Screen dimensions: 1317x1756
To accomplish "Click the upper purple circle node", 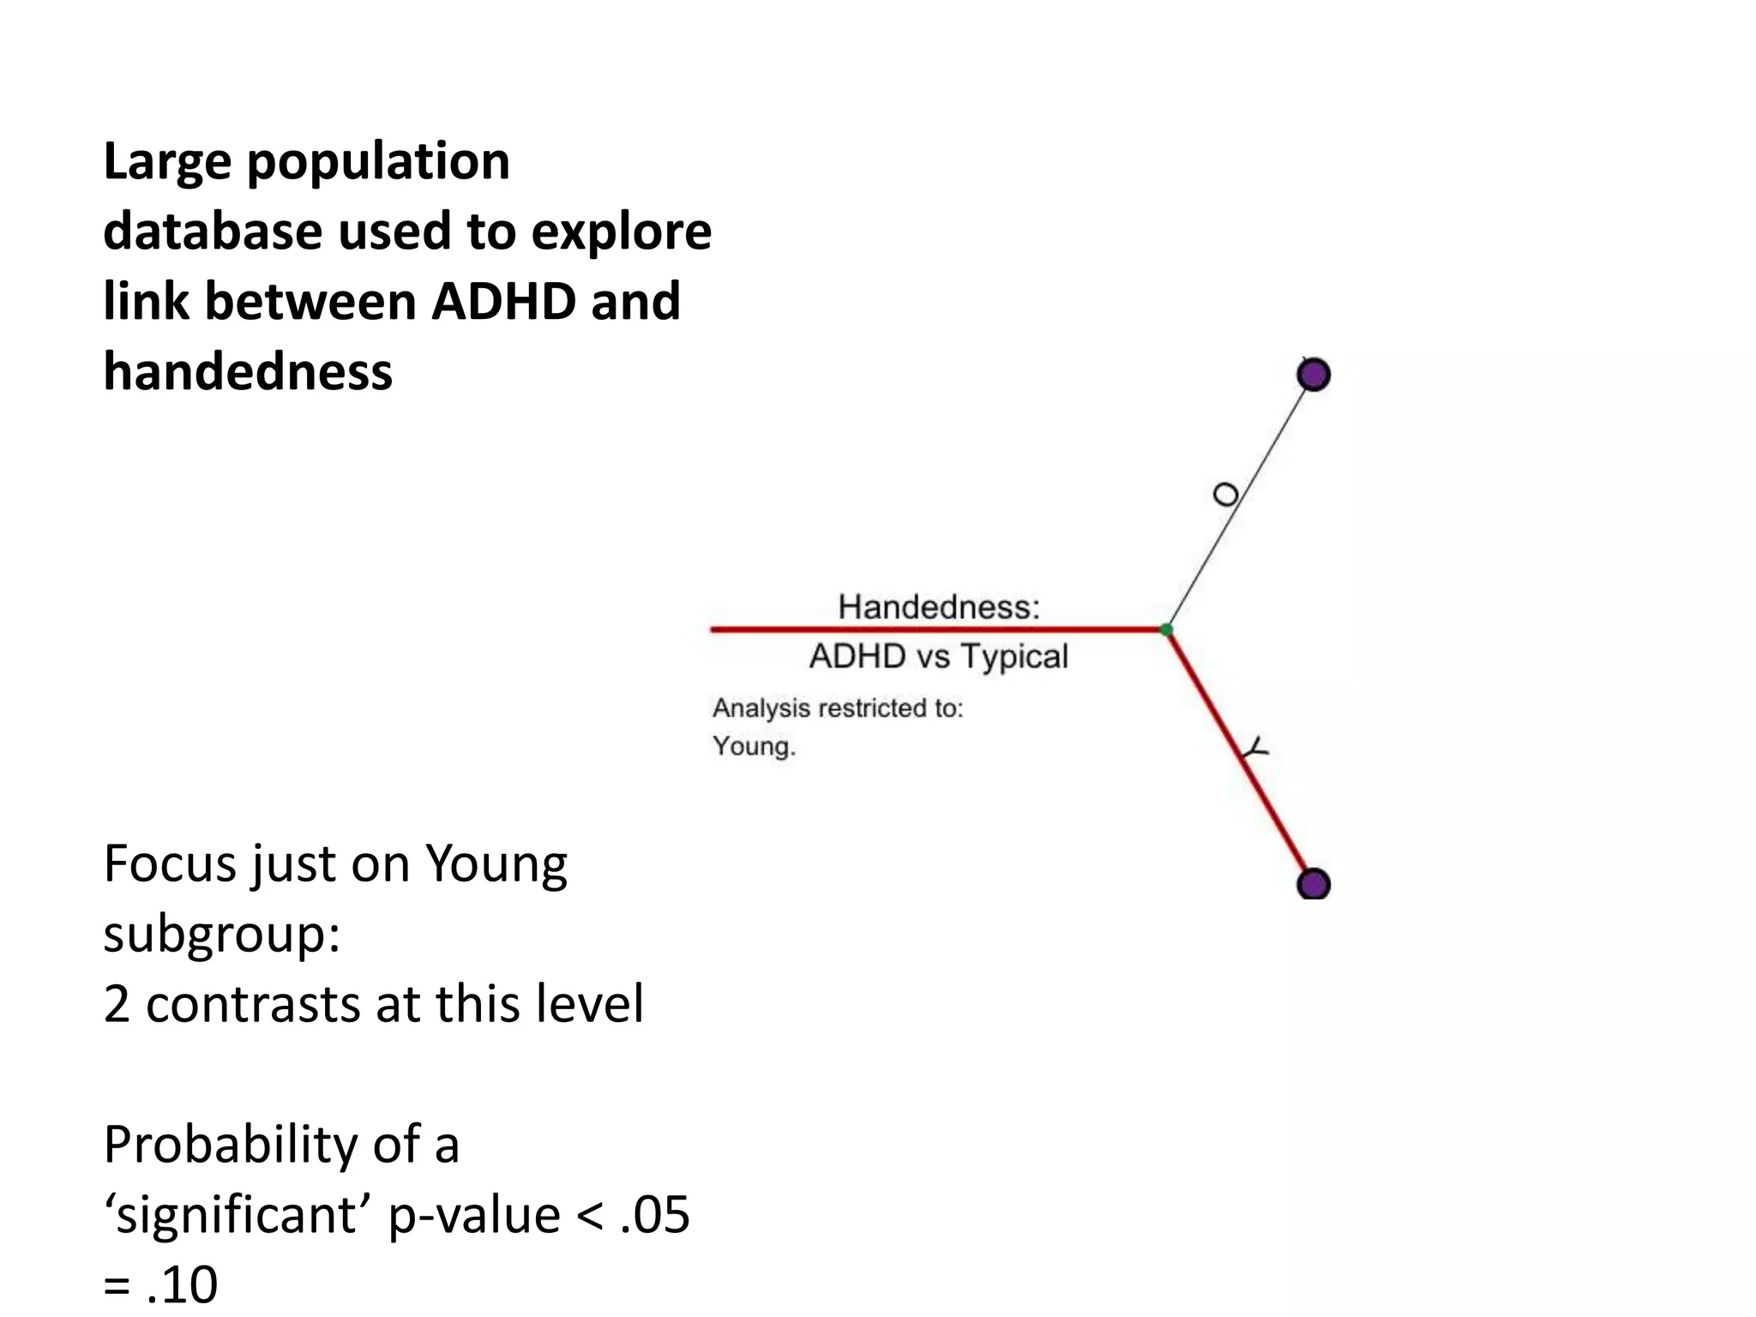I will click(1314, 375).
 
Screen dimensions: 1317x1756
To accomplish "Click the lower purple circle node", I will click(1314, 884).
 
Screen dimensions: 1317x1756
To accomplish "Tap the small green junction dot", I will click(1166, 630).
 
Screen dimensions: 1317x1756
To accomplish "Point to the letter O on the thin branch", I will click(1226, 495).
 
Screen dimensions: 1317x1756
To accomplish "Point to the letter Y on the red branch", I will click(1255, 749).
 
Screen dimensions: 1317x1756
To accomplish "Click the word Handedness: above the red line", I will click(939, 607).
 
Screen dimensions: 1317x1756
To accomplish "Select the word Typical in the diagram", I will click(1014, 657).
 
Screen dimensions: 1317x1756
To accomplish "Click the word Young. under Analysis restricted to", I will click(754, 746).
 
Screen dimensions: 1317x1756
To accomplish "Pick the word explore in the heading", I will click(621, 233).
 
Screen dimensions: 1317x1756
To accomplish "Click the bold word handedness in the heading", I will click(248, 372).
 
